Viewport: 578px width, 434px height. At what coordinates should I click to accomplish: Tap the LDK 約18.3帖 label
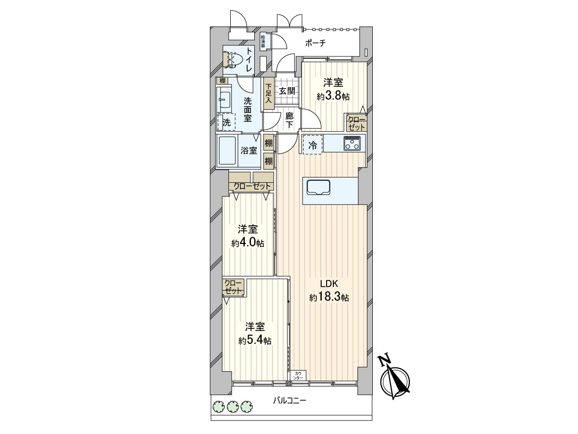click(x=328, y=291)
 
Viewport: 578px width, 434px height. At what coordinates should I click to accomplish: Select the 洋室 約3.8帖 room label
click(x=333, y=89)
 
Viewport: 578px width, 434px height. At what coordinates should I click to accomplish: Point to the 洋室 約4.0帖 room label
click(x=248, y=236)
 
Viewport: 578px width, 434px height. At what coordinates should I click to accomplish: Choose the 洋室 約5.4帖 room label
click(x=255, y=333)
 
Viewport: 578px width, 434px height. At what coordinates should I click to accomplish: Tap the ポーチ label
click(x=315, y=43)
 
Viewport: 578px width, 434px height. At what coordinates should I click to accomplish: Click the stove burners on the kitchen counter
click(x=353, y=143)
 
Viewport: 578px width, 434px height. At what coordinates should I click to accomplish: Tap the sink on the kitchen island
click(x=317, y=187)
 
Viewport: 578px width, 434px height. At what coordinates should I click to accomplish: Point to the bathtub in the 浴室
click(x=226, y=150)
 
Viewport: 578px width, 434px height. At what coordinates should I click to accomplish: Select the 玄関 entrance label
click(x=287, y=90)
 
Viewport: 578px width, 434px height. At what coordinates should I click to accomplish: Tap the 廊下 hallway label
click(x=289, y=120)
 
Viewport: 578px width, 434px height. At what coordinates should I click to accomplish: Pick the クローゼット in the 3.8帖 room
click(x=356, y=122)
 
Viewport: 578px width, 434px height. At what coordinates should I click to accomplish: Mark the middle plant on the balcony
click(x=233, y=407)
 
